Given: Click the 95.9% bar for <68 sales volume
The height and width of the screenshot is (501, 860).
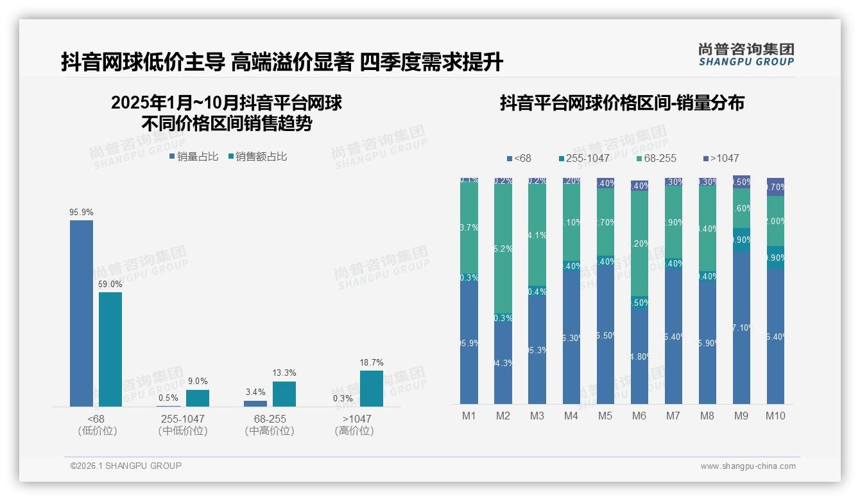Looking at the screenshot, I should (x=82, y=313).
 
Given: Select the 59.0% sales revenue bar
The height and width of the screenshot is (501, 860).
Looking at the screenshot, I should (x=110, y=349).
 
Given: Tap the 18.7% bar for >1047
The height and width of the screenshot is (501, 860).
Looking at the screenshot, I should (x=371, y=389).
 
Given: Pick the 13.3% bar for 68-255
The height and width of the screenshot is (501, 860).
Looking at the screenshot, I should (x=284, y=394).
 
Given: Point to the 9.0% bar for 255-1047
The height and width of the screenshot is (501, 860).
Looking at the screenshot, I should (x=198, y=398).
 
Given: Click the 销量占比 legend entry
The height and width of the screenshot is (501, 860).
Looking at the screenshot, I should (x=194, y=156).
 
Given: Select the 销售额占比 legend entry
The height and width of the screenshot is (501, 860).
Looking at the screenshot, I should (x=258, y=156).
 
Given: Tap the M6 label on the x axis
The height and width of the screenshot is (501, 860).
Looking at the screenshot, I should (x=639, y=416).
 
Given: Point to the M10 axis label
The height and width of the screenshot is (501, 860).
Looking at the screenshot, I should (x=775, y=416).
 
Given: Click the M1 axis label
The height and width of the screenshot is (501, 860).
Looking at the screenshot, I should (x=469, y=416).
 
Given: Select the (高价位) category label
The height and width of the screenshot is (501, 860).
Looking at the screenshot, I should (x=354, y=431).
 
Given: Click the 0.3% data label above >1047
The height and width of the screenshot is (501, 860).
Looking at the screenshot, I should (x=343, y=398).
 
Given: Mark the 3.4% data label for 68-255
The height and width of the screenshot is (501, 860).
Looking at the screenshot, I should (x=255, y=392).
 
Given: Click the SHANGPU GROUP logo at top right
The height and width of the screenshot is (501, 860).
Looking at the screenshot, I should (x=746, y=54).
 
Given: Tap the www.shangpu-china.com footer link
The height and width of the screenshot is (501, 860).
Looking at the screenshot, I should (x=748, y=466).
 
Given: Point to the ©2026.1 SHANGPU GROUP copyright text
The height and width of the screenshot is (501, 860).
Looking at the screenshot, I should (x=126, y=466).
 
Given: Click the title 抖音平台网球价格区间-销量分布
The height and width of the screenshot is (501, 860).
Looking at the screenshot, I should (x=622, y=103).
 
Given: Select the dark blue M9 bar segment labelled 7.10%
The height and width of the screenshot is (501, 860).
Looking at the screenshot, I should (x=741, y=328).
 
